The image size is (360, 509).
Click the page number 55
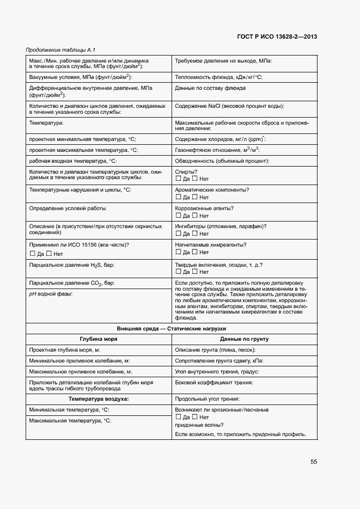(314, 461)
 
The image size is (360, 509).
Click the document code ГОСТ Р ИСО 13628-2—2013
(277, 36)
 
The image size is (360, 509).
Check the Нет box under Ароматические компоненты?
(195, 197)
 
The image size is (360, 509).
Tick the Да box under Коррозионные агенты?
(178, 216)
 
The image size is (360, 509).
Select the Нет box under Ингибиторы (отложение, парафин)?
(195, 234)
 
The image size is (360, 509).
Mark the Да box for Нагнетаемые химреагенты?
(178, 252)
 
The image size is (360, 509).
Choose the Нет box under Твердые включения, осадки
(195, 271)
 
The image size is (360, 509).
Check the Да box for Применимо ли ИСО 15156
(32, 253)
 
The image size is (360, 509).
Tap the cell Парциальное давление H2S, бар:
(72, 265)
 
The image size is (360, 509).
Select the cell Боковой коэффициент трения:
(213, 383)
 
